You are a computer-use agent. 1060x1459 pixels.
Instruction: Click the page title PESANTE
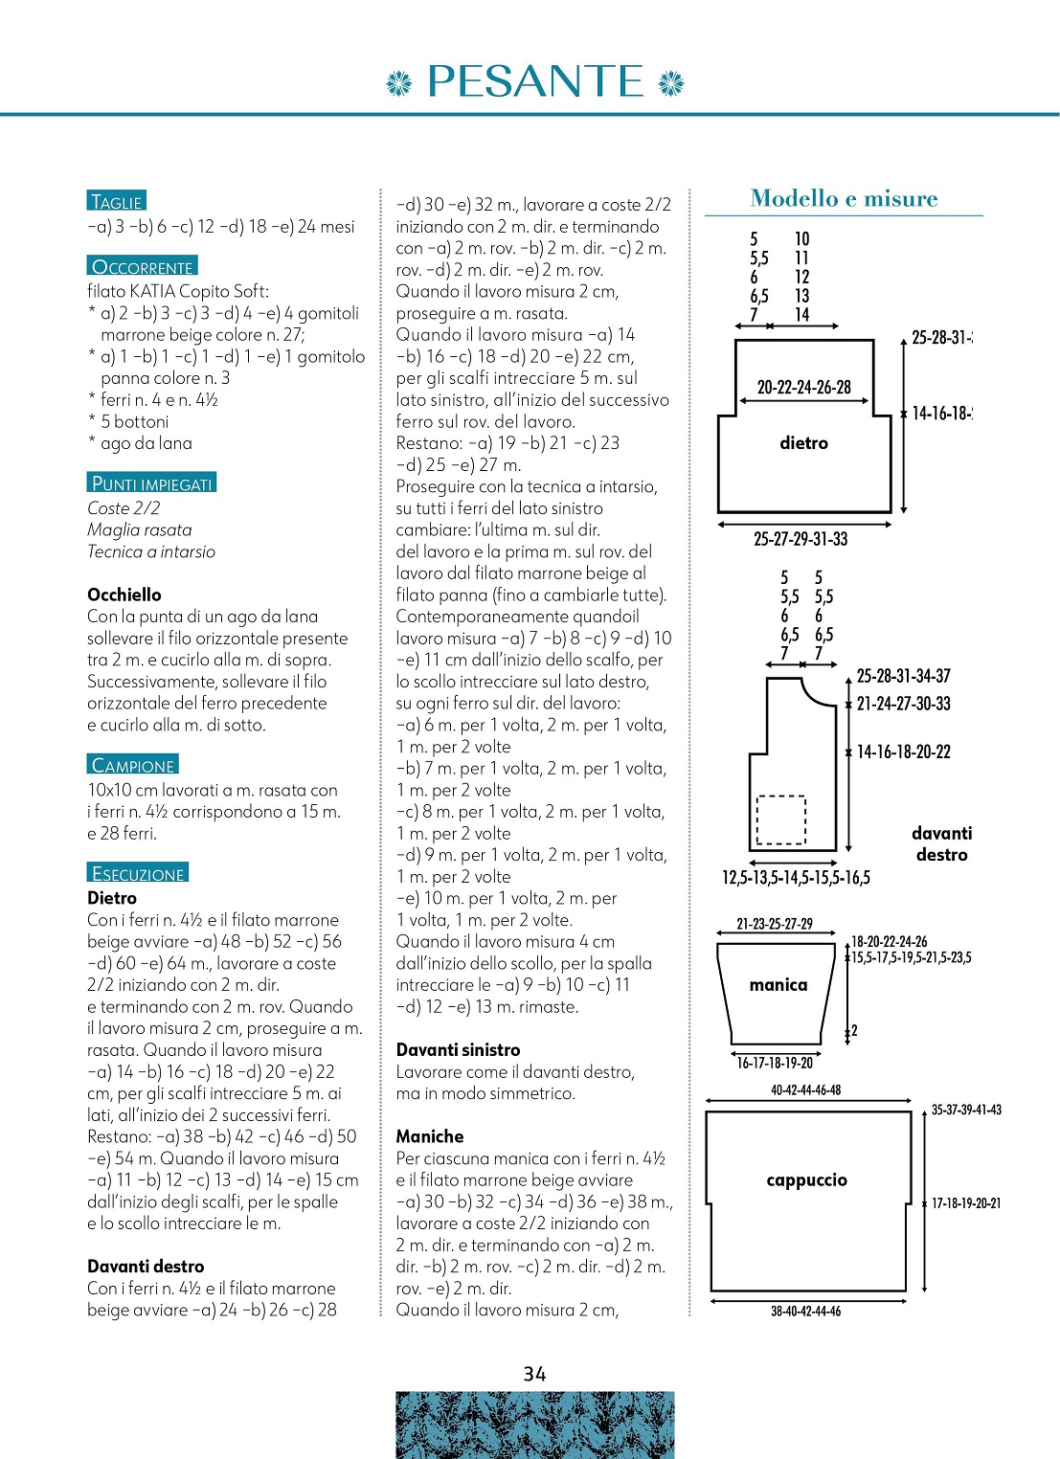point(534,81)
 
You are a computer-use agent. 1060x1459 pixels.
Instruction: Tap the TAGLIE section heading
point(116,201)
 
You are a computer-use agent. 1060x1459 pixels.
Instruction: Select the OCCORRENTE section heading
point(143,266)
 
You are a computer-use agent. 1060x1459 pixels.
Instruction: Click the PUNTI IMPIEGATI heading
point(151,483)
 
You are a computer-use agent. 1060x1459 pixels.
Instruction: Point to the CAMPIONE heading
point(132,764)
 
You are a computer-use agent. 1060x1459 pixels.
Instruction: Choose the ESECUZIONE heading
point(138,872)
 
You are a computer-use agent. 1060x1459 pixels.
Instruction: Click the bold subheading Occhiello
point(124,595)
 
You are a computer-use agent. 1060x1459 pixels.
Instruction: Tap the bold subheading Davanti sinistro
point(458,1049)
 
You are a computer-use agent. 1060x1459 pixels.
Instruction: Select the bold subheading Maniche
point(430,1136)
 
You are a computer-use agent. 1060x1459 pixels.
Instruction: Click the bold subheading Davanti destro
point(146,1266)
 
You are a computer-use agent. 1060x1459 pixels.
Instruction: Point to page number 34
point(534,1374)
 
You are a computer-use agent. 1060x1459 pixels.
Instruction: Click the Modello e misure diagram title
point(844,198)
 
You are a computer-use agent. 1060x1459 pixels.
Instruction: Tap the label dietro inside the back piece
point(803,442)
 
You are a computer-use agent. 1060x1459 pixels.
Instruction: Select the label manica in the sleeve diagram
point(778,984)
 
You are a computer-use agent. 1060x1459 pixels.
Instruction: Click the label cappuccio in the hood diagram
point(806,1179)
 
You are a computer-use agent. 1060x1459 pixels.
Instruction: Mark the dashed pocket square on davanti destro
point(781,819)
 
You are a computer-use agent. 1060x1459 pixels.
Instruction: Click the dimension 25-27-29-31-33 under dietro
point(801,539)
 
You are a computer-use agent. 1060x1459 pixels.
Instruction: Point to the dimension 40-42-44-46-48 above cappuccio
point(805,1089)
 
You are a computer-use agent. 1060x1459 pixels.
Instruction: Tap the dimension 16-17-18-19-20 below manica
point(774,1063)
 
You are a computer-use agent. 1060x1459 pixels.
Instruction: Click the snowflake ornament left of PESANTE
point(397,84)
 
